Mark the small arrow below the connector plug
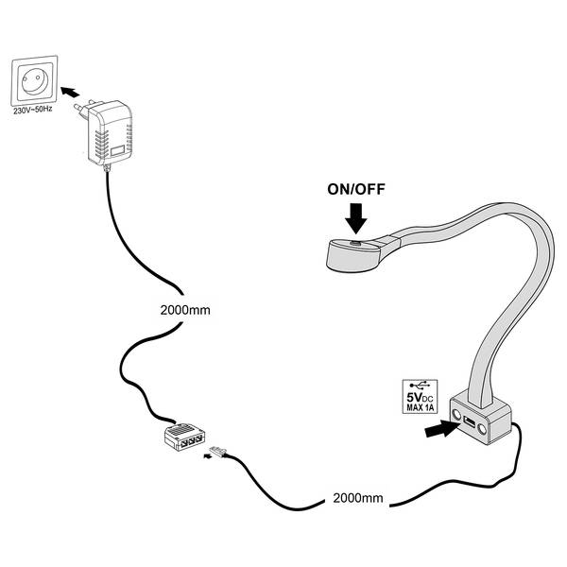click(x=209, y=460)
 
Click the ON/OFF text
click(x=356, y=188)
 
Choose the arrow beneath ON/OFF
click(x=356, y=221)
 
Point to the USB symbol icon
click(x=418, y=386)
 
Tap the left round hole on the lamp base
click(x=457, y=417)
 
